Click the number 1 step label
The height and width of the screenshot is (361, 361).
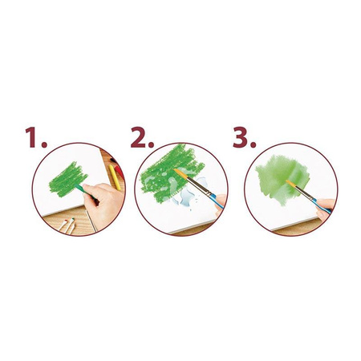[36, 137]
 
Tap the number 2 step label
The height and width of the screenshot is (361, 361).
[142, 137]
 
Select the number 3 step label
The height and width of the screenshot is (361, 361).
[244, 137]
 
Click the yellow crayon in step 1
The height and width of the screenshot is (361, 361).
[115, 177]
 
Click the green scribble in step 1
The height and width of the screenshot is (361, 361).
[67, 180]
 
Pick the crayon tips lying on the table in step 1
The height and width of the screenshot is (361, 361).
[67, 226]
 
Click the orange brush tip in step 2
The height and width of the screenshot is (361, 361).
[180, 174]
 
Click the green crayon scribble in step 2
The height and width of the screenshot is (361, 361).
[171, 172]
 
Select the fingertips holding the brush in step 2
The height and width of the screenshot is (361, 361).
[221, 203]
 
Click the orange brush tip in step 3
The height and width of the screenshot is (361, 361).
[291, 185]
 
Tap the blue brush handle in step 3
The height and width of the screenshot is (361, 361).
[322, 207]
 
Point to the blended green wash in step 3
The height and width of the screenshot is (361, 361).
[282, 179]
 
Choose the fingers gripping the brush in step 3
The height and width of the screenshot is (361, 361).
[326, 209]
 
